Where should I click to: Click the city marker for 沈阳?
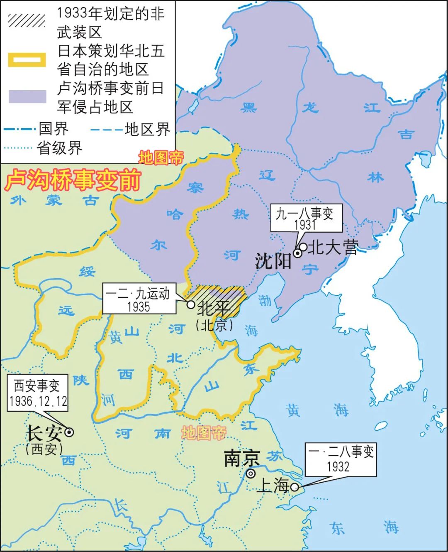click(298, 253)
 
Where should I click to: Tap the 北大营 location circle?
click(303, 247)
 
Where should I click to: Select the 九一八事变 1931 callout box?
click(306, 218)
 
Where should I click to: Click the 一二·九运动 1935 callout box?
click(139, 299)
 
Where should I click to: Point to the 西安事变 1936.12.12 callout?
click(37, 393)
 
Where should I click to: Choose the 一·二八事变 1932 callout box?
click(341, 459)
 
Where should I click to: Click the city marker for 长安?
click(70, 432)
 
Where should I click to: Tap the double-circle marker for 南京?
click(251, 473)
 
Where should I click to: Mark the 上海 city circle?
click(294, 487)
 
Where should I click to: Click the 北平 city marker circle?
click(191, 304)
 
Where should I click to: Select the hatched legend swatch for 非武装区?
click(27, 20)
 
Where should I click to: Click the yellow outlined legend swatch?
click(27, 59)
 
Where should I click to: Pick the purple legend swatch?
click(27, 96)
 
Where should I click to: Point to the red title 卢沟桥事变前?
click(73, 180)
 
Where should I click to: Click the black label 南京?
click(241, 458)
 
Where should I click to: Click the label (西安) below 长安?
click(44, 449)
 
